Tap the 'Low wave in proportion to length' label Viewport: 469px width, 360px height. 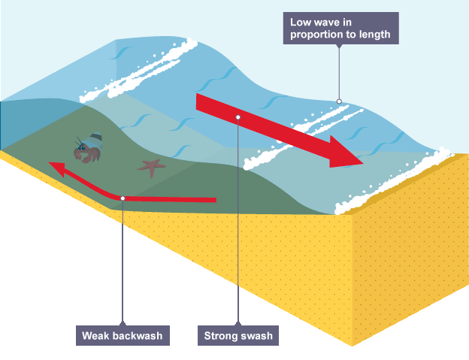point(340,28)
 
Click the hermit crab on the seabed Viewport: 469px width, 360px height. point(87,150)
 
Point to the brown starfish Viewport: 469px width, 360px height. point(152,167)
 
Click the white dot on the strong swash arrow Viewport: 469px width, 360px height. point(237,116)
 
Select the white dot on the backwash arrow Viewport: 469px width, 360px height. point(122,198)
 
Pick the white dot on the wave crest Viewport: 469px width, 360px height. point(339,101)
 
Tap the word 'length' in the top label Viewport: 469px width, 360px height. point(373,35)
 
